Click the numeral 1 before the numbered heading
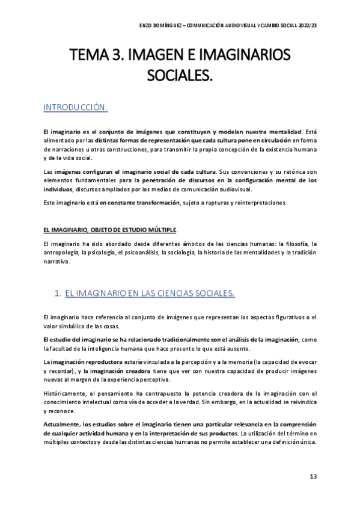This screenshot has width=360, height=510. pos(56,293)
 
